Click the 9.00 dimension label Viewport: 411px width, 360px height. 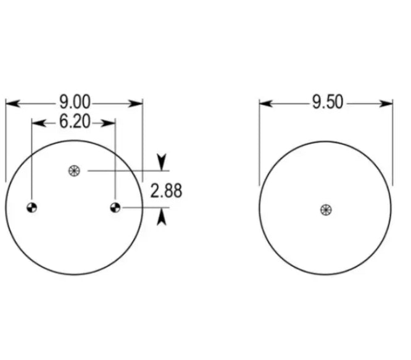[75, 102]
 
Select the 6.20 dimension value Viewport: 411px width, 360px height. [75, 122]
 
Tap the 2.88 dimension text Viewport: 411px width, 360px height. [166, 191]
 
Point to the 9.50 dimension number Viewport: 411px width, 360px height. [328, 102]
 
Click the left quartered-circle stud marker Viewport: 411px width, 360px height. [31, 208]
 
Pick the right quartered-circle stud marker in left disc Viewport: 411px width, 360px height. [115, 207]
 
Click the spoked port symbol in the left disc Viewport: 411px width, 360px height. [74, 171]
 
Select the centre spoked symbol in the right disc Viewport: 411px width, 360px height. [326, 210]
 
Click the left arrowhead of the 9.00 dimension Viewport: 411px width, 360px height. [12, 104]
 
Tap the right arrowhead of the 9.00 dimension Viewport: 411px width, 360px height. [135, 104]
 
